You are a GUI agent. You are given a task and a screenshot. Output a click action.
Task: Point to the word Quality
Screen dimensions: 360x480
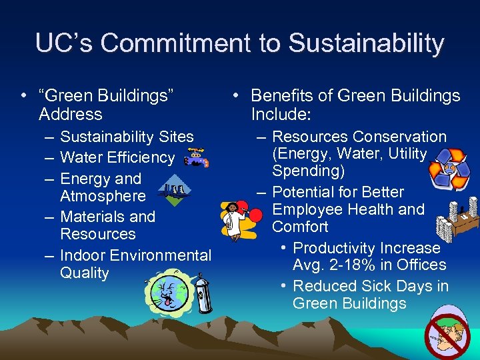click(85, 273)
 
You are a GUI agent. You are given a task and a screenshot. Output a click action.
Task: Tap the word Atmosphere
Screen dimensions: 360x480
click(103, 196)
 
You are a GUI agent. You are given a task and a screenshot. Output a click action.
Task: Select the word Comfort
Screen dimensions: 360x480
click(300, 227)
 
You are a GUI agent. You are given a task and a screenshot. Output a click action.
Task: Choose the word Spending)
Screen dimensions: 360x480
click(308, 171)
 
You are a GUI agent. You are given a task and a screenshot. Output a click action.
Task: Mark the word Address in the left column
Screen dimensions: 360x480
click(71, 114)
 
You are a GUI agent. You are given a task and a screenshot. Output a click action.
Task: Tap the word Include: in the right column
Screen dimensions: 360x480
click(281, 114)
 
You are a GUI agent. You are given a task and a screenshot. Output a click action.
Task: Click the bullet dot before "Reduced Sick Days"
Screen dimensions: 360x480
click(284, 286)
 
